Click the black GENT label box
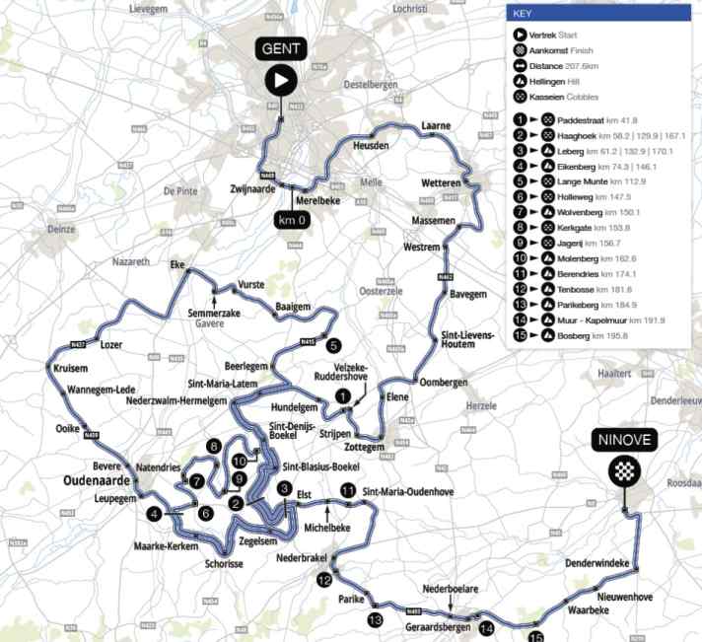coord(282,49)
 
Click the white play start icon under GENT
coord(282,81)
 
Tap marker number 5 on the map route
coord(334,346)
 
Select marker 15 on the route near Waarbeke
coord(536,636)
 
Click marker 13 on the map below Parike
coord(374,619)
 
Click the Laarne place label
coord(435,126)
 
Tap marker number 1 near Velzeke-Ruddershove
coord(341,395)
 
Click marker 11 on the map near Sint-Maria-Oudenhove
coord(346,490)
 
